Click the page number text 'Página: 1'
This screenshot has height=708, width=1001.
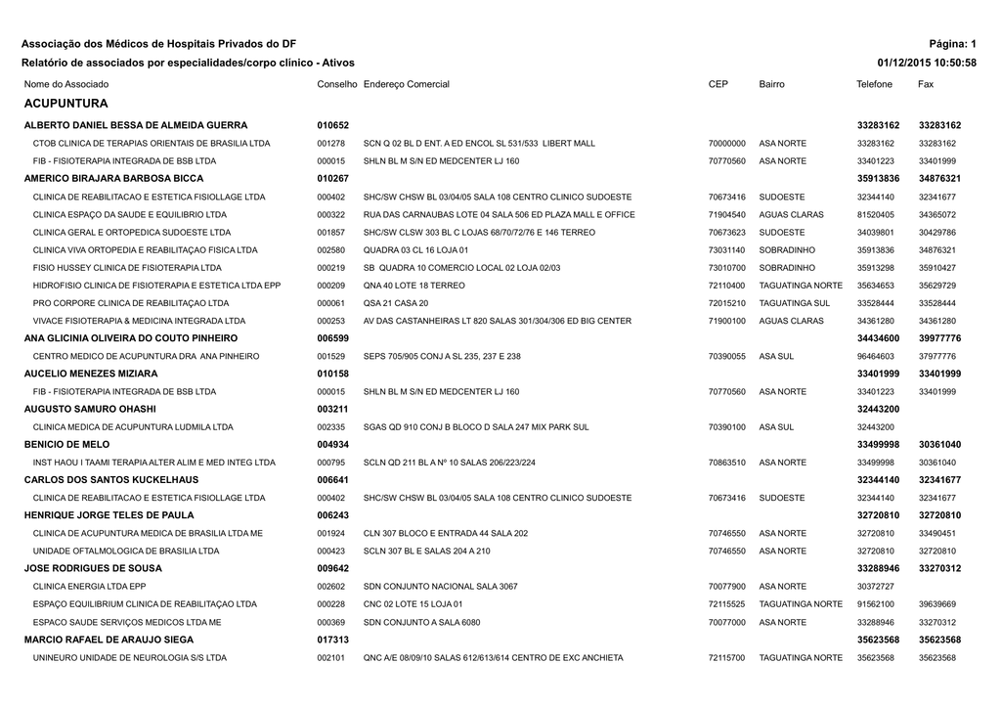[x=954, y=44]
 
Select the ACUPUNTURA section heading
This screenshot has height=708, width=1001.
[x=65, y=103]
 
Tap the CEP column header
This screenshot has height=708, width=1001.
[x=718, y=85]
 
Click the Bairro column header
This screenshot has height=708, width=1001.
[x=771, y=85]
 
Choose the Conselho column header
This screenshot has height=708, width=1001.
[x=337, y=85]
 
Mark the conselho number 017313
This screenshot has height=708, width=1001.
[x=333, y=640]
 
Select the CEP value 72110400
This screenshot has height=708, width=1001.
[x=726, y=286]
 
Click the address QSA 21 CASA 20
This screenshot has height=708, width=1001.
[x=396, y=303]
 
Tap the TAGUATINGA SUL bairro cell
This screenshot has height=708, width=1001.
[x=794, y=303]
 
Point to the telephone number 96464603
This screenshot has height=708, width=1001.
[x=875, y=357]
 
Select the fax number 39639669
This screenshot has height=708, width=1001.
[x=936, y=604]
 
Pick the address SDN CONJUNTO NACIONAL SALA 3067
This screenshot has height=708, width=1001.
[x=440, y=587]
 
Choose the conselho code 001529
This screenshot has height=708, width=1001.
[x=330, y=357]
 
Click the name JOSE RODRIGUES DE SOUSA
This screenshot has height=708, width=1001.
[x=93, y=568]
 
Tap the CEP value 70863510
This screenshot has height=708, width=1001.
[x=726, y=463]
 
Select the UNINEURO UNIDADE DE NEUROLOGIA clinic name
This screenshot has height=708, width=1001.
[x=129, y=658]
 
